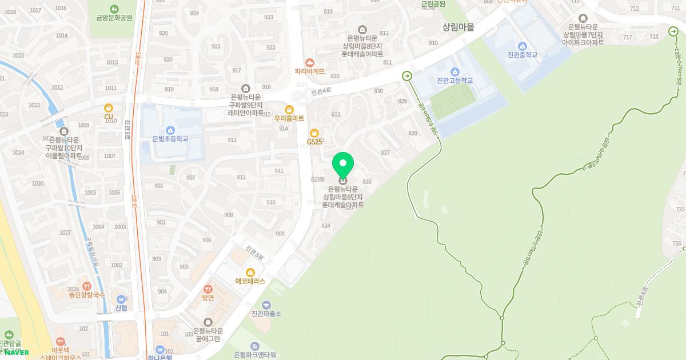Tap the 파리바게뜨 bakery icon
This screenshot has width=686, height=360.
[309, 62]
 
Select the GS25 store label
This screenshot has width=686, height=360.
[314, 141]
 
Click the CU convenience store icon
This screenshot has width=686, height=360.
[109, 107]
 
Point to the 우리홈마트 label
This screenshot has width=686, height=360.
[289, 118]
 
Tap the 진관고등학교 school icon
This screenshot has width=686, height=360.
[454, 71]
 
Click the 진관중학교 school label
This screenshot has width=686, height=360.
[522, 55]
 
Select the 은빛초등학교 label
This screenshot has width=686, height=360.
[170, 139]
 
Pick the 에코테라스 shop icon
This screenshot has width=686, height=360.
[250, 272]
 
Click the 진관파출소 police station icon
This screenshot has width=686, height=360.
[266, 305]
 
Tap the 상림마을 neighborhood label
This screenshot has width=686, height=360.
[458, 27]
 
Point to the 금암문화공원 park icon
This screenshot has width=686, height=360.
[114, 9]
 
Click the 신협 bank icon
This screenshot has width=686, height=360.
[121, 299]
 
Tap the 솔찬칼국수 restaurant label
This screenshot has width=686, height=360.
[87, 295]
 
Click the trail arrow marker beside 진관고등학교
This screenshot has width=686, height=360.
[407, 75]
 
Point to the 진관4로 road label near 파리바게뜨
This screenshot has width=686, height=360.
[321, 91]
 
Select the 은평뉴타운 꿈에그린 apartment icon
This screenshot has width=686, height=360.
[207, 322]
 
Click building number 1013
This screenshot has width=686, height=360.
[111, 62]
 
